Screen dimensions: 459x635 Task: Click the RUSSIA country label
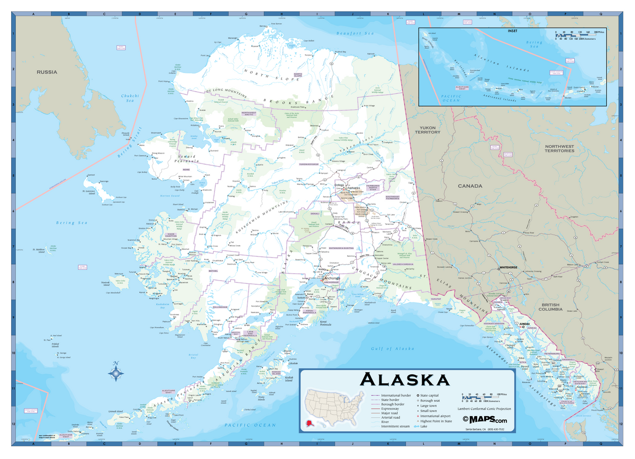pyautogui.click(x=47, y=72)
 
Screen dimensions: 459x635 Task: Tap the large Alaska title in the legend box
pyautogui.click(x=405, y=380)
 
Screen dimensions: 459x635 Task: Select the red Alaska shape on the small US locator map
pyautogui.click(x=309, y=424)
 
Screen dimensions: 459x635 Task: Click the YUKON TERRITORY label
pyautogui.click(x=427, y=130)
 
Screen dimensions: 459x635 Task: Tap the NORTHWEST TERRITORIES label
pyautogui.click(x=560, y=148)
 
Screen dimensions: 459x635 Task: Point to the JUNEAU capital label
pyautogui.click(x=524, y=323)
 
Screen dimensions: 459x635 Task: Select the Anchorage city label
pyautogui.click(x=332, y=278)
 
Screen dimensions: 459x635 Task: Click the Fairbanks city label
pyautogui.click(x=353, y=188)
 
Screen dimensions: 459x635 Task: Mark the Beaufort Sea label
pyautogui.click(x=355, y=33)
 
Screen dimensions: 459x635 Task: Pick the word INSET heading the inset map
pyautogui.click(x=513, y=30)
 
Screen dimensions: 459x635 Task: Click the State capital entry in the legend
pyautogui.click(x=431, y=395)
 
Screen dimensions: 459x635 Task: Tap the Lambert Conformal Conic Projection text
pyautogui.click(x=484, y=409)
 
